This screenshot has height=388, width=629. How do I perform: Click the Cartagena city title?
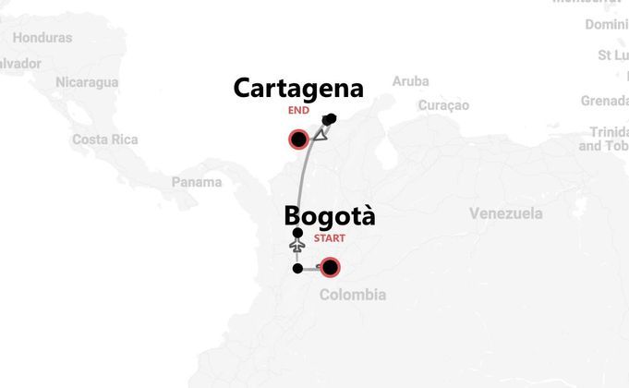point(297,89)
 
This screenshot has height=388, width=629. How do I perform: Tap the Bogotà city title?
point(330,215)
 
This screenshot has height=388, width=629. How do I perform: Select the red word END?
point(298,110)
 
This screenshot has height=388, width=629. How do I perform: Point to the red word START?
point(330,237)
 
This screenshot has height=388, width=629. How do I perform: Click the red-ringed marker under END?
point(298,140)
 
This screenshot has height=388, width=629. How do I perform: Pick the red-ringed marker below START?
point(330,268)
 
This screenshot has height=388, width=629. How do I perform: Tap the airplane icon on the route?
point(296,248)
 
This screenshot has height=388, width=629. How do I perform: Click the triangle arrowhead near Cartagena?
point(321,135)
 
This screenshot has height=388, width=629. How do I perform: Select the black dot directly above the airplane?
point(296,233)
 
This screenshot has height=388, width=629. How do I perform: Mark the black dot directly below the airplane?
point(296,269)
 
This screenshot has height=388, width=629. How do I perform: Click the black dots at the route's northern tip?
point(330,118)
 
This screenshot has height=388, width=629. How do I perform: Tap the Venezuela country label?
point(505,214)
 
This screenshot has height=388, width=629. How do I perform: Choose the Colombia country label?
point(352,295)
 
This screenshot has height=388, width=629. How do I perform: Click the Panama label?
point(197,182)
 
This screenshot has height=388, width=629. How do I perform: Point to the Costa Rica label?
point(104,139)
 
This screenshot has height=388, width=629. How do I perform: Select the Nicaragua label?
point(86,82)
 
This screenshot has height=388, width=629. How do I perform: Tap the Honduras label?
point(42,38)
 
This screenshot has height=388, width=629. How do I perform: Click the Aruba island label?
point(410,81)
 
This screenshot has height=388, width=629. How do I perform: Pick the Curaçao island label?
point(443,105)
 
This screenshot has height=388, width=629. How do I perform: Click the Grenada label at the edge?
point(604,100)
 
